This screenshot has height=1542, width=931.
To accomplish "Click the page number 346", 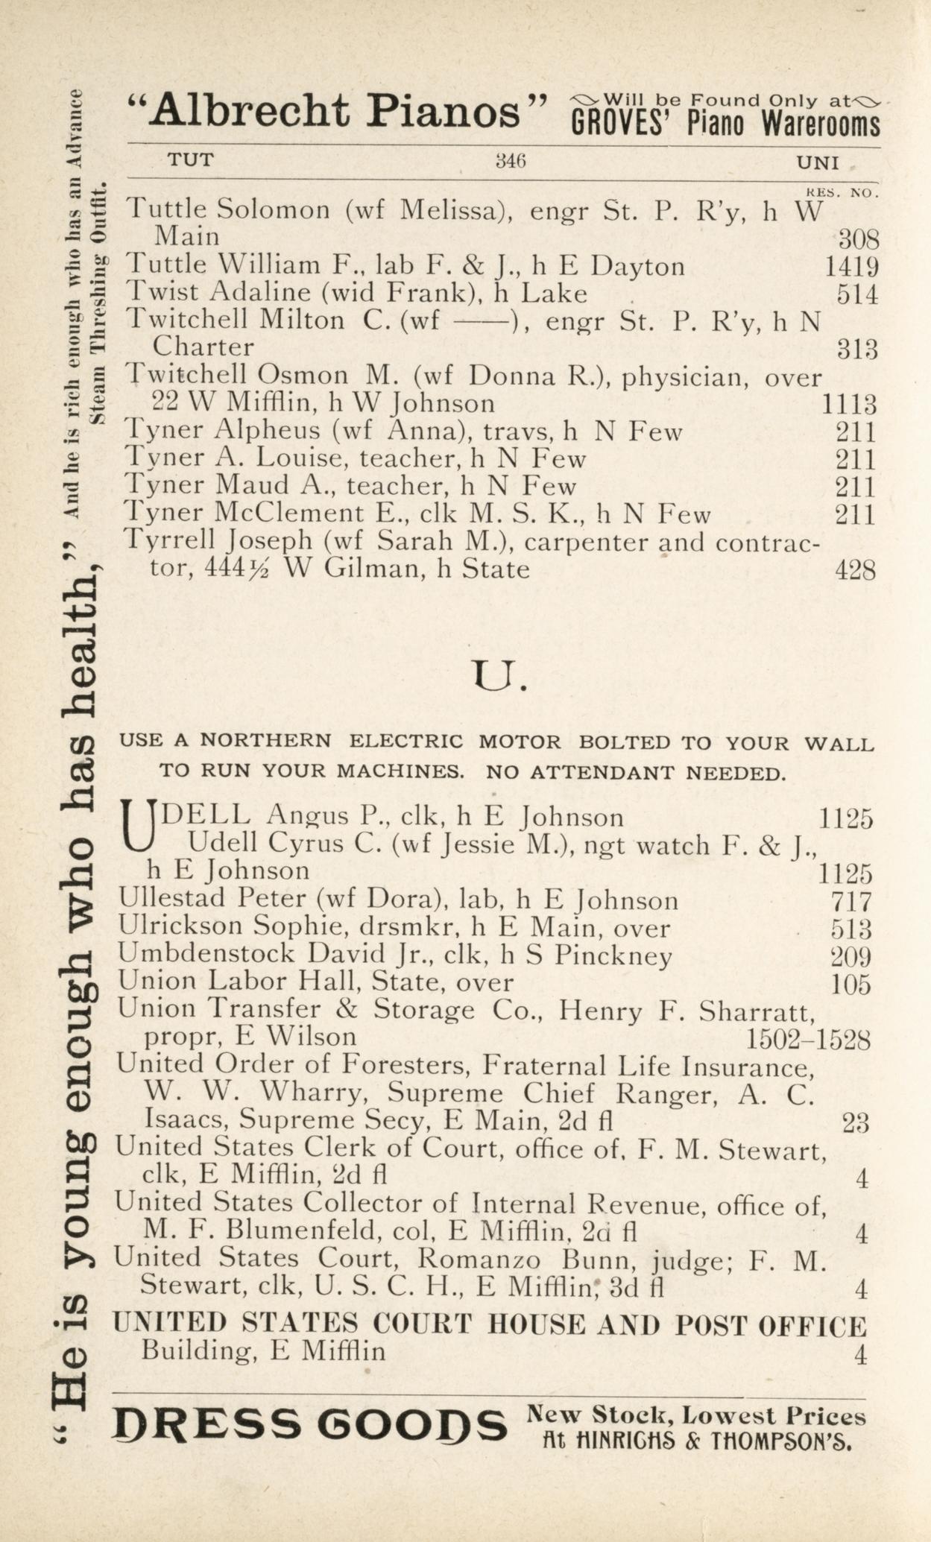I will pos(511,161).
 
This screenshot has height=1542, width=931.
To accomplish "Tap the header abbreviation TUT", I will pos(190,159).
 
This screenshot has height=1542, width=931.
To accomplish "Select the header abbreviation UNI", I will pos(818,162).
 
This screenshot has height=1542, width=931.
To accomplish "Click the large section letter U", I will pos(496,676).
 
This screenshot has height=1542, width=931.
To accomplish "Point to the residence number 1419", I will pos(851,267).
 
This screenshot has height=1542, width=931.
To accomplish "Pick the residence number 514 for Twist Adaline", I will pos(856,294).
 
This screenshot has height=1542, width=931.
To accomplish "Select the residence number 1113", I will pos(848,405).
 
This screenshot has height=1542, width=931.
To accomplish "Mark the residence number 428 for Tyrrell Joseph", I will pos(855,571).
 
